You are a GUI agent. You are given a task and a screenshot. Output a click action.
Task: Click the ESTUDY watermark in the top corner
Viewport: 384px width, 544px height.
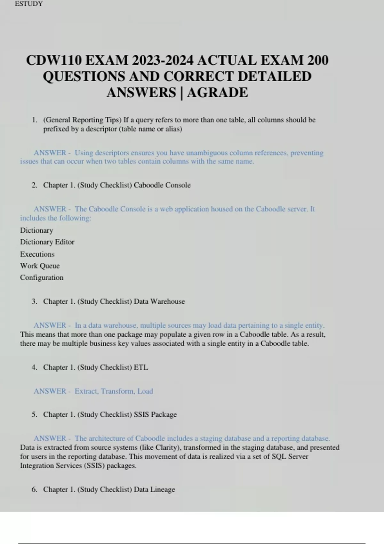[x=29, y=4]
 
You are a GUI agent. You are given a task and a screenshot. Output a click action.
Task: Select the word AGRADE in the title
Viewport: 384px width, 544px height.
[x=217, y=92]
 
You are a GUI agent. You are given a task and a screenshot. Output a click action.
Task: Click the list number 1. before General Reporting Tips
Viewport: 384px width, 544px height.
[x=34, y=120]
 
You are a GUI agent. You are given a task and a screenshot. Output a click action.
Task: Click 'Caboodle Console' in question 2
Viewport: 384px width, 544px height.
[x=162, y=185]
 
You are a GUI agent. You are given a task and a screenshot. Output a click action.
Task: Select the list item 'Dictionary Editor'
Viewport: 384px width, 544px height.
[x=47, y=242]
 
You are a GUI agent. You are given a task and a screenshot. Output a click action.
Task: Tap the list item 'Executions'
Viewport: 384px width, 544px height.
[x=37, y=254]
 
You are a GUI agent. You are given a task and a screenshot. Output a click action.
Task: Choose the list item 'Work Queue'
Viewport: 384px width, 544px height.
[x=40, y=266]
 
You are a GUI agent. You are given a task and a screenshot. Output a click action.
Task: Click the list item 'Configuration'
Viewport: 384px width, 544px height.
[x=42, y=277]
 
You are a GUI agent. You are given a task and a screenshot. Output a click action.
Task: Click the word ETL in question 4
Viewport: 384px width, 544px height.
[x=141, y=367]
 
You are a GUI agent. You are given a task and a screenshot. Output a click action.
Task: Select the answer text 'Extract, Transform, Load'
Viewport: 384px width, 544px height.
[x=114, y=391]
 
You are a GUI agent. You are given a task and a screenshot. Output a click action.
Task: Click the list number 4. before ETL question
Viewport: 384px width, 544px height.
[x=34, y=367]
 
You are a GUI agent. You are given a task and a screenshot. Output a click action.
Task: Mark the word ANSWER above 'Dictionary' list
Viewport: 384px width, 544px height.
[x=50, y=209]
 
